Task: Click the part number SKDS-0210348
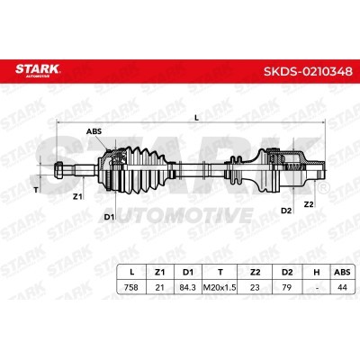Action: (x=308, y=72)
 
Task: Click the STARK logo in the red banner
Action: (x=38, y=69)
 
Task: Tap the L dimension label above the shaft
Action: (x=196, y=118)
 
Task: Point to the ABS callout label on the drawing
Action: (x=94, y=131)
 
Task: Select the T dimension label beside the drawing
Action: (x=36, y=190)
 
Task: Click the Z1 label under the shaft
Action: (x=77, y=197)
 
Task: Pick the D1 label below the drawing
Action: (x=109, y=217)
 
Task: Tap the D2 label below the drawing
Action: (x=286, y=211)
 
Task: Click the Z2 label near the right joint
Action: (x=309, y=204)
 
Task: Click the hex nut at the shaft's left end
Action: (x=59, y=170)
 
